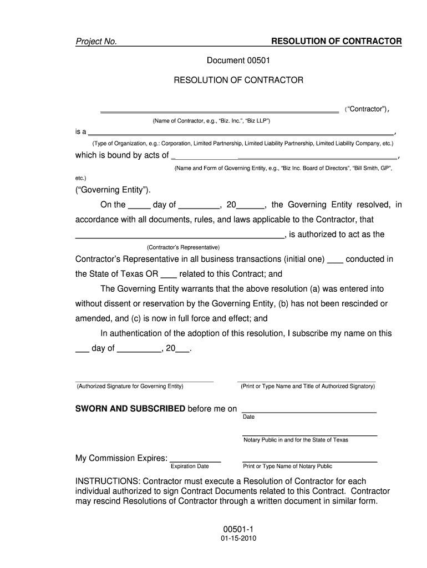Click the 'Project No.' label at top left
[x=96, y=42]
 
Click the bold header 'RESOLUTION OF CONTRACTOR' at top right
[x=336, y=42]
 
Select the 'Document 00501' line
[x=238, y=60]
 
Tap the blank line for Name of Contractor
[x=219, y=111]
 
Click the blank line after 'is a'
[x=241, y=134]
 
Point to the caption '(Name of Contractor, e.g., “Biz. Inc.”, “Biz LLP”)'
[x=211, y=121]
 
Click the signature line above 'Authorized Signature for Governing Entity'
[x=144, y=382]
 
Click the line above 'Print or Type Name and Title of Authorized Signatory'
[x=307, y=382]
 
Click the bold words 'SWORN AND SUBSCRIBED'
[x=130, y=409]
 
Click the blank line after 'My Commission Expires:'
[x=195, y=461]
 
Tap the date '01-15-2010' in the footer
[x=238, y=539]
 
